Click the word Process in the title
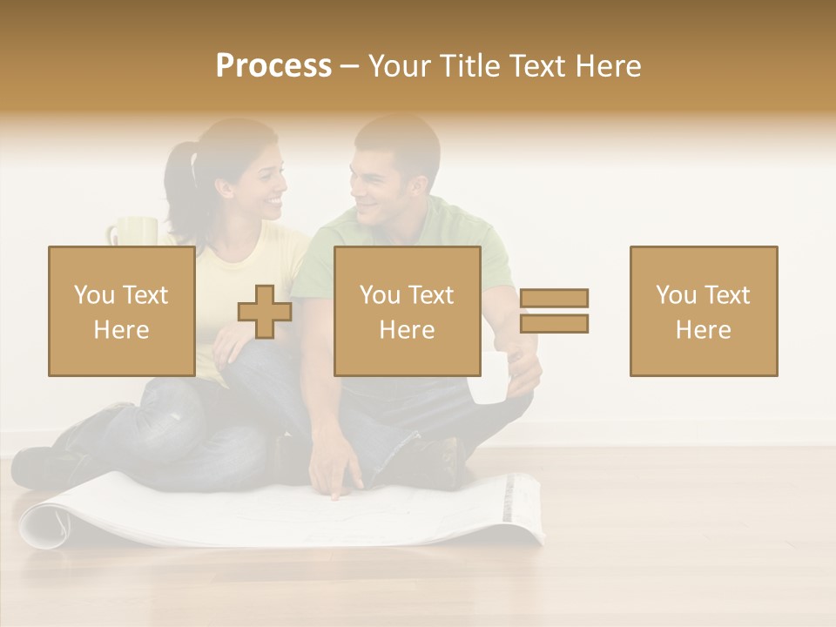click(273, 66)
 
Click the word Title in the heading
click(469, 66)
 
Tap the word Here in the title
click(608, 66)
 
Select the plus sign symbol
click(265, 312)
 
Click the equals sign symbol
click(554, 311)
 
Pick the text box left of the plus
click(121, 311)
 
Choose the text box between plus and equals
click(407, 311)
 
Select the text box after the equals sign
click(703, 311)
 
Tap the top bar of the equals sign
click(554, 298)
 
